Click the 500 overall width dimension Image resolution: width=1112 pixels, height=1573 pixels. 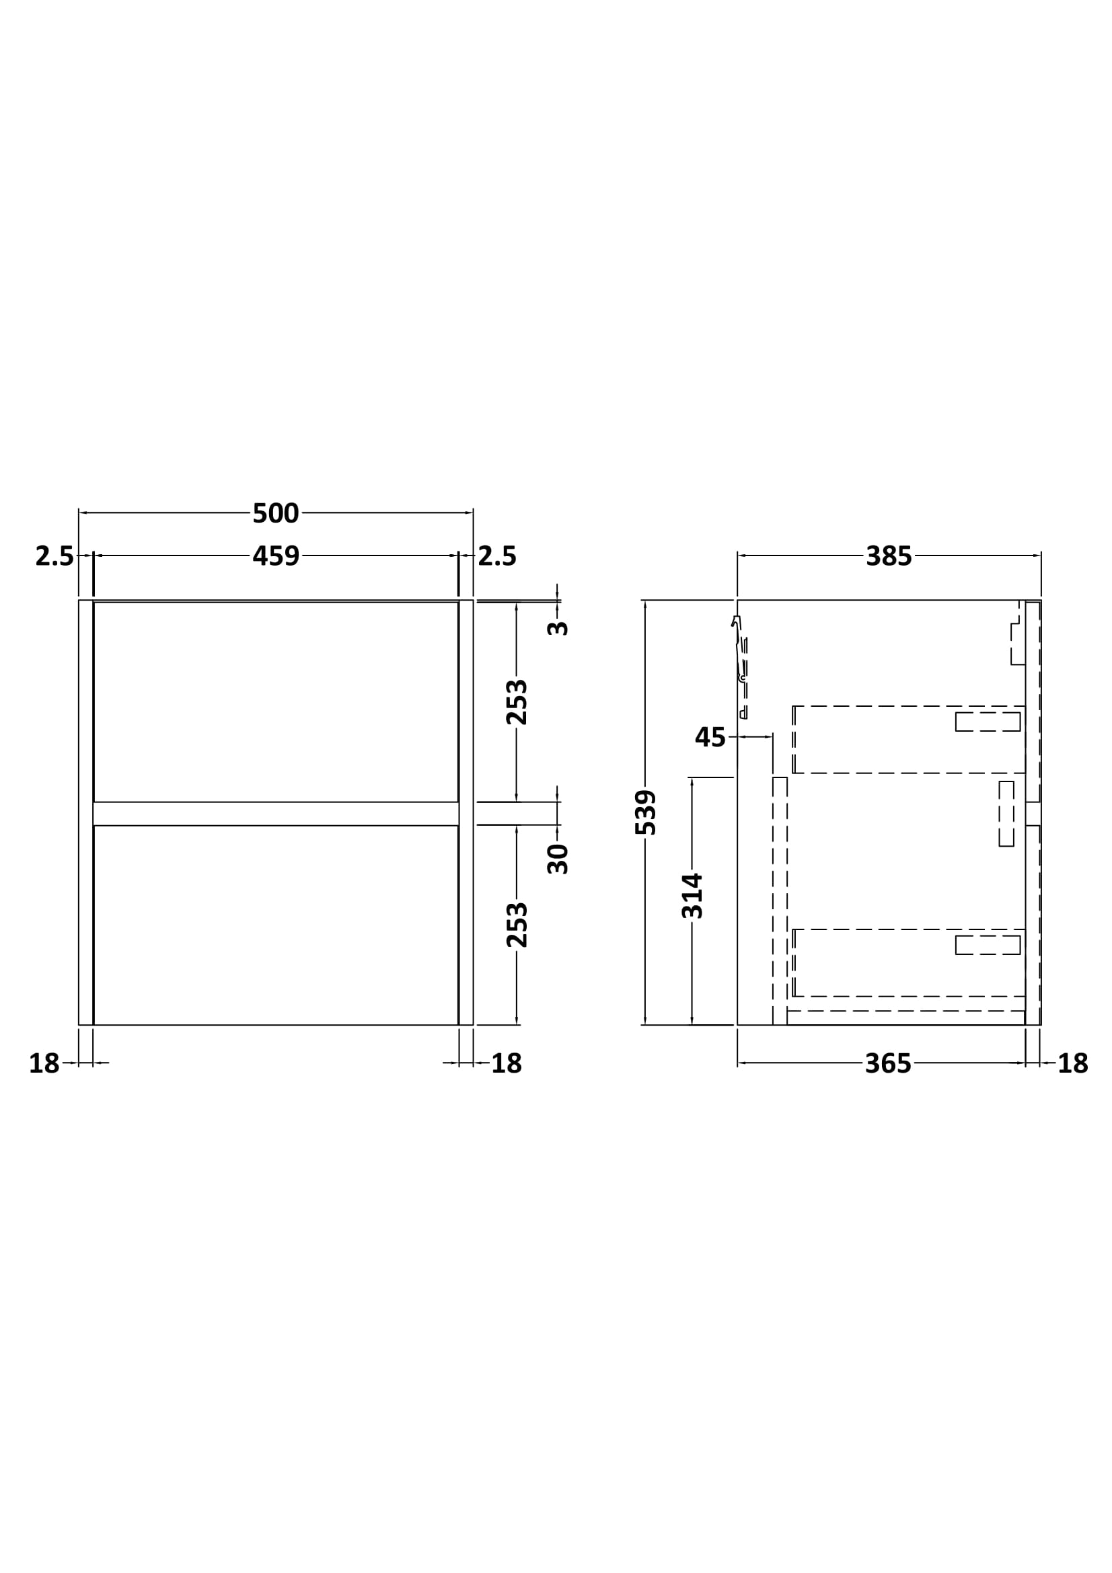click(x=275, y=513)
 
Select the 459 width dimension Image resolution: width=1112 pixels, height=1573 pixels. click(x=275, y=555)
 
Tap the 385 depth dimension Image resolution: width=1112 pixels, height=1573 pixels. click(x=889, y=555)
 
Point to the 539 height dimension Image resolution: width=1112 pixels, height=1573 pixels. click(x=645, y=812)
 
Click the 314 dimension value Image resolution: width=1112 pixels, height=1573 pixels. click(x=692, y=895)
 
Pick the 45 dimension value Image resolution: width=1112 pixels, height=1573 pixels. click(x=710, y=737)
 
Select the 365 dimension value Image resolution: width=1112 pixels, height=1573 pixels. click(x=888, y=1063)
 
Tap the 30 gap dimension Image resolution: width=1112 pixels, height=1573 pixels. click(x=558, y=859)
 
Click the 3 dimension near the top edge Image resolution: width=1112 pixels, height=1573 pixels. click(x=558, y=627)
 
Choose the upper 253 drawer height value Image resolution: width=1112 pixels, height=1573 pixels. click(x=517, y=702)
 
